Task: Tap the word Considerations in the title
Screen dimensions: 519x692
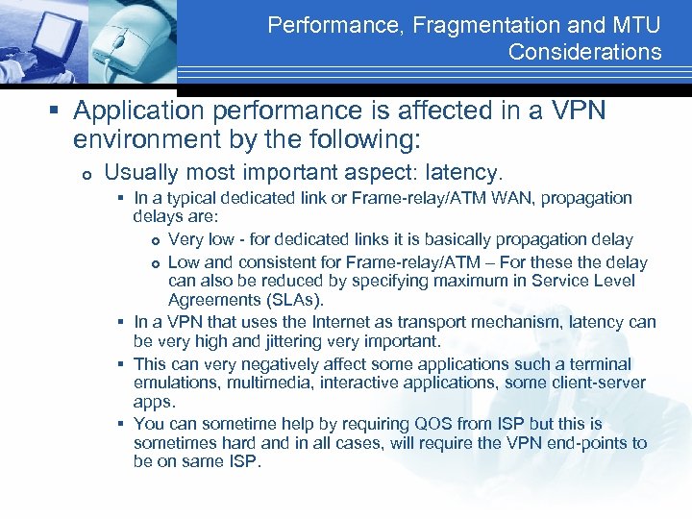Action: pyautogui.click(x=584, y=52)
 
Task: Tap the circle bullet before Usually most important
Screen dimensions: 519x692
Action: pyautogui.click(x=86, y=174)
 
